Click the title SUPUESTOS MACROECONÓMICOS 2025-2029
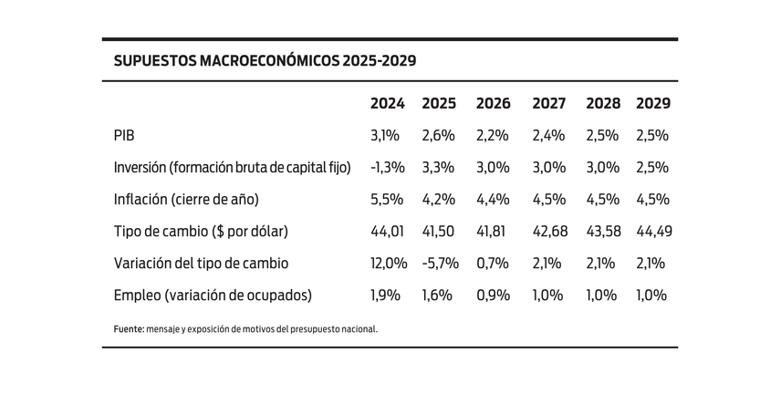(x=265, y=61)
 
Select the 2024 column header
(x=387, y=103)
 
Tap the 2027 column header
(x=548, y=103)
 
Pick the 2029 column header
(x=653, y=103)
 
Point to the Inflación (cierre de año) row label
(x=186, y=199)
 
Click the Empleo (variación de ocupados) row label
(x=213, y=295)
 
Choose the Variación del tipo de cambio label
(x=201, y=263)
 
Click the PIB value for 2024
(x=385, y=135)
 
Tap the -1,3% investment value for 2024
(x=387, y=167)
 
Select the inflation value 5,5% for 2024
(x=387, y=199)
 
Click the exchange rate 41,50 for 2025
(x=439, y=231)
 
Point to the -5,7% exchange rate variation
(x=439, y=263)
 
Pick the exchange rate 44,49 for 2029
(x=653, y=231)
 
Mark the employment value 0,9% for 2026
(x=493, y=295)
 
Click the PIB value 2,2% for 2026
(x=493, y=135)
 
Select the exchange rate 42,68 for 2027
(x=548, y=231)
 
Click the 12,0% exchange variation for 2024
(x=389, y=263)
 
